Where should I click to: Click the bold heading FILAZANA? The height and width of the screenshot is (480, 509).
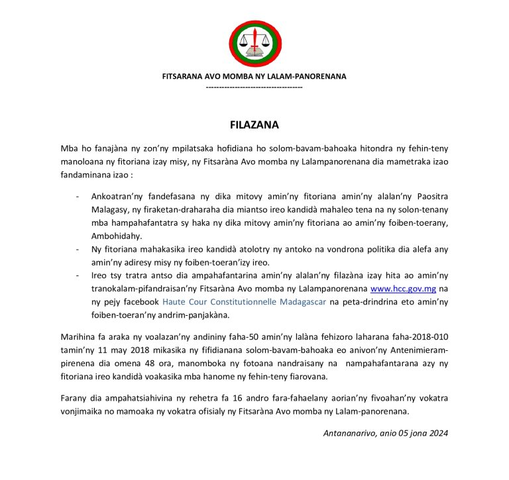[x=254, y=124]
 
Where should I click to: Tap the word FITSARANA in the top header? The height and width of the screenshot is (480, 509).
[x=183, y=76]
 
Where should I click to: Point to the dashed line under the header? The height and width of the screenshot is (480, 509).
[x=254, y=87]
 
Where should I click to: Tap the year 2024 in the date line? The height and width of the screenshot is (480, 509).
[x=437, y=434]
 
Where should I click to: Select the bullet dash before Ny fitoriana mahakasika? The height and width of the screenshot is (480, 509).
[x=78, y=249]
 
